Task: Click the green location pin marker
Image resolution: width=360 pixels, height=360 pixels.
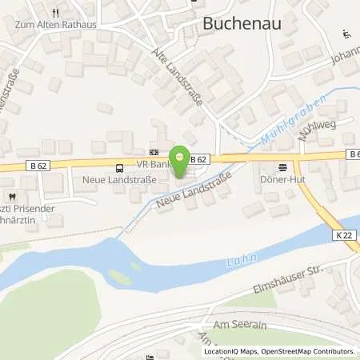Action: [181, 158]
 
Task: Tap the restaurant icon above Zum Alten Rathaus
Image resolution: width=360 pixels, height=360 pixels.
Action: [55, 13]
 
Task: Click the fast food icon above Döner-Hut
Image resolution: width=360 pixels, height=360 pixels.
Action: [282, 168]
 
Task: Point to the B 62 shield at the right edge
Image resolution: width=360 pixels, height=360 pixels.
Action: [353, 153]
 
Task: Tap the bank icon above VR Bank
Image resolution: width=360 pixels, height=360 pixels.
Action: [154, 153]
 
